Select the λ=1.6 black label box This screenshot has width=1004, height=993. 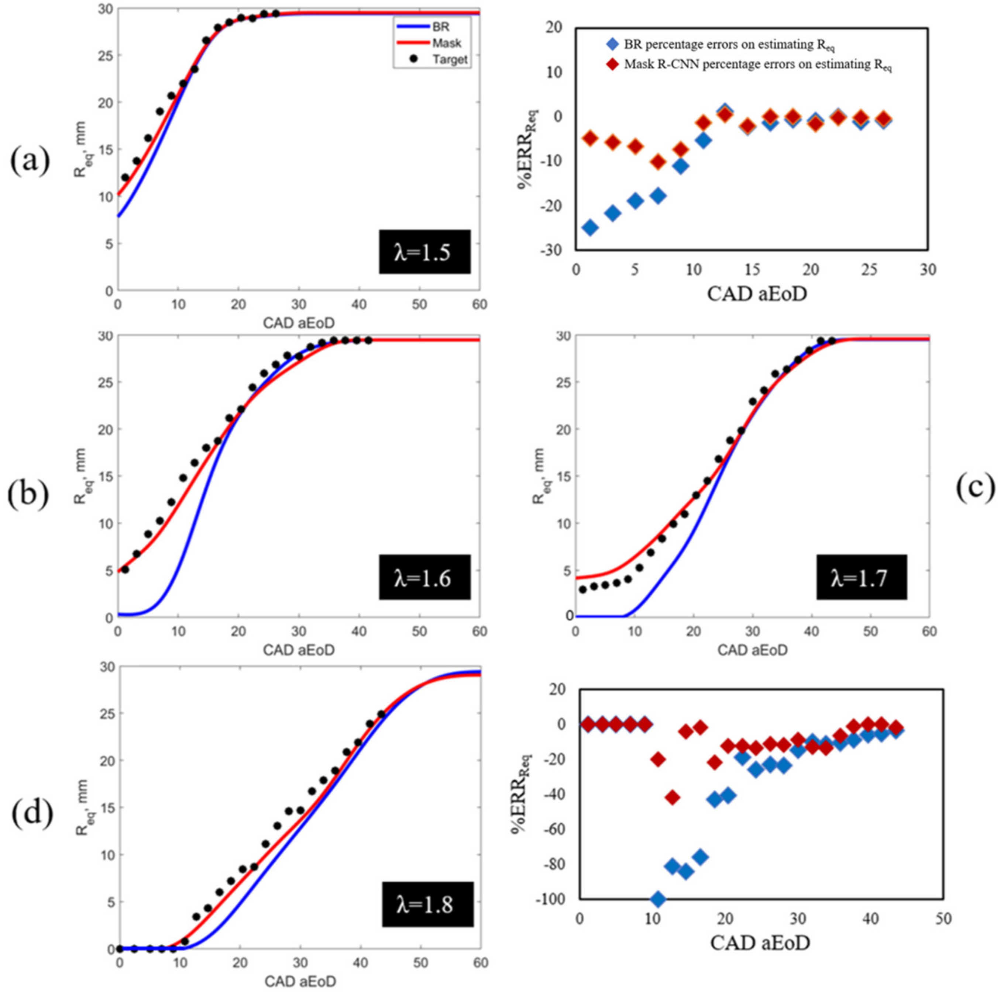(424, 577)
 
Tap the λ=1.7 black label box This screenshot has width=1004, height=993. (862, 577)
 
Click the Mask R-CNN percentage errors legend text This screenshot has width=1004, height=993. (758, 65)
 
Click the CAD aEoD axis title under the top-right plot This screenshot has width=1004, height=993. (757, 294)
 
